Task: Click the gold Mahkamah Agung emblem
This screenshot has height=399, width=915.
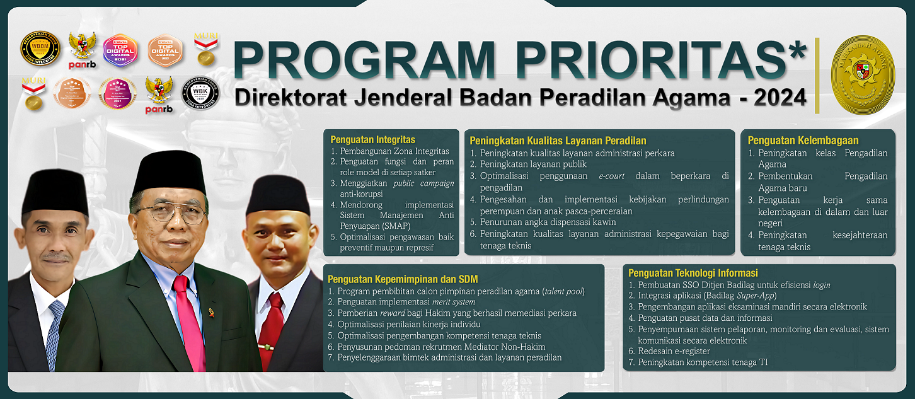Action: click(863, 75)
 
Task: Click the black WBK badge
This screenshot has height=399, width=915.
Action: click(200, 93)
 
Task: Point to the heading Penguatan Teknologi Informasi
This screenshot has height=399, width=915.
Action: click(693, 273)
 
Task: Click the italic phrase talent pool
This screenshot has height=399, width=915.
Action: click(563, 291)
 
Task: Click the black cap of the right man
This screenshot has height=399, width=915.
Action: click(277, 195)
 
